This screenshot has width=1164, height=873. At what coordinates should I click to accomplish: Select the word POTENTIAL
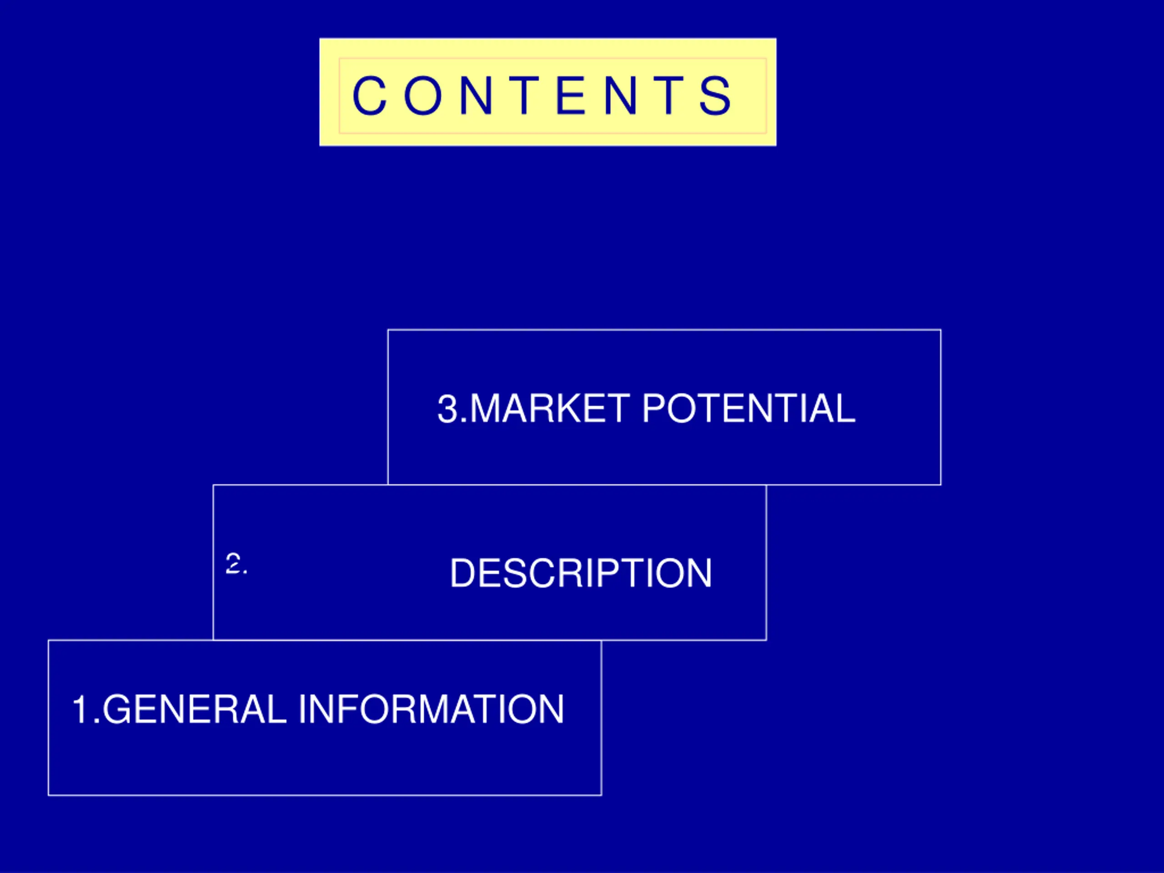point(748,408)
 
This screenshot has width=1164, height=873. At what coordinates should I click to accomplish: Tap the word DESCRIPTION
point(581,573)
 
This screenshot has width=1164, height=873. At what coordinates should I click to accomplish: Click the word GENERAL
point(195,709)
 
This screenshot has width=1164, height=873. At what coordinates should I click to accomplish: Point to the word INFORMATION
point(431,709)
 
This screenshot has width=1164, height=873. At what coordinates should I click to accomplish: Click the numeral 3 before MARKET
point(448,409)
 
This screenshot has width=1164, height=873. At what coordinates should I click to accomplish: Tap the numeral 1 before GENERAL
point(80,709)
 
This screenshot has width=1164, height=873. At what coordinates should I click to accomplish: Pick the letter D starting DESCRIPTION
point(464,573)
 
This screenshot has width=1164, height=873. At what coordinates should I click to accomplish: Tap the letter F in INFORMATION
point(347,709)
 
